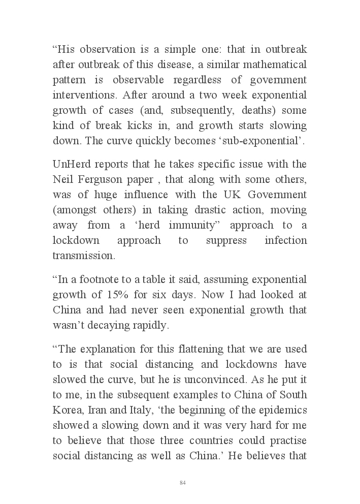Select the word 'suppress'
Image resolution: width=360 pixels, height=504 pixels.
tap(226, 240)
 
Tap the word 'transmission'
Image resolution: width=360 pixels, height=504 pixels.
tap(84, 256)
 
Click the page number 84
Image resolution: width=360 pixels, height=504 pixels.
tap(183, 482)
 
